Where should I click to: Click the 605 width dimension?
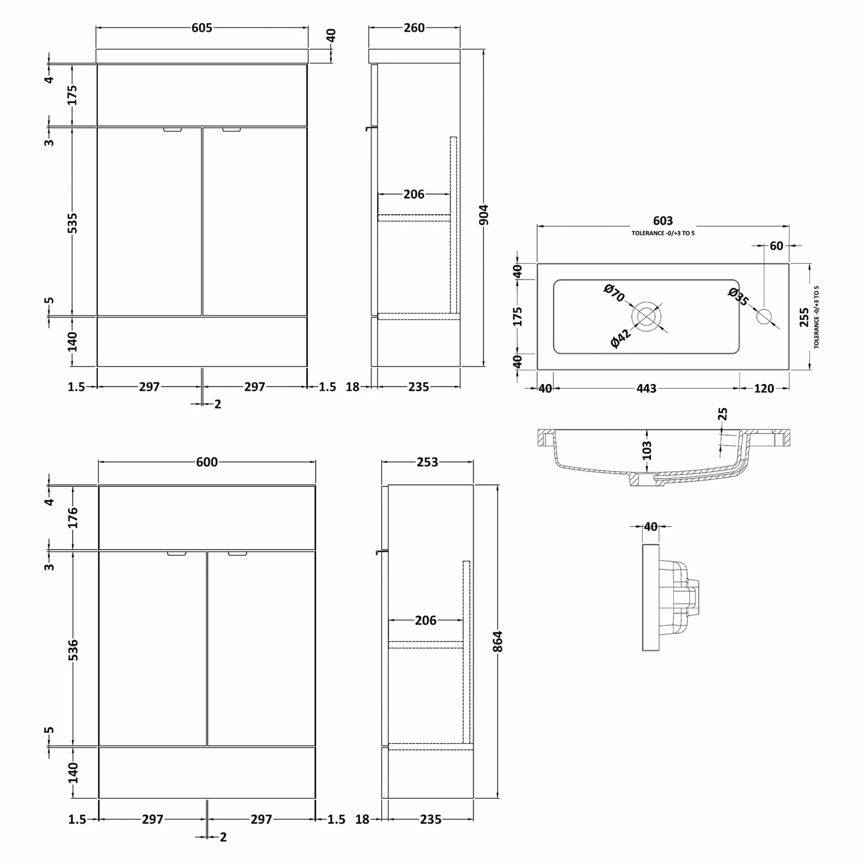pyautogui.click(x=202, y=28)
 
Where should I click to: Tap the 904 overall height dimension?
pyautogui.click(x=483, y=215)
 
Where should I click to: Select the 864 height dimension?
pyautogui.click(x=498, y=642)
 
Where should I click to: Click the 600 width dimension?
pyautogui.click(x=207, y=462)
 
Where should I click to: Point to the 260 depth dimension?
pyautogui.click(x=414, y=28)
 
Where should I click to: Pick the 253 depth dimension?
pyautogui.click(x=427, y=462)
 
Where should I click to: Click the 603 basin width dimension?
pyautogui.click(x=663, y=221)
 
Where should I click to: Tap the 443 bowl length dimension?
pyautogui.click(x=646, y=388)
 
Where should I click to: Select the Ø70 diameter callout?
pyautogui.click(x=614, y=293)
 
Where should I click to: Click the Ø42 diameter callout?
pyautogui.click(x=620, y=338)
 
